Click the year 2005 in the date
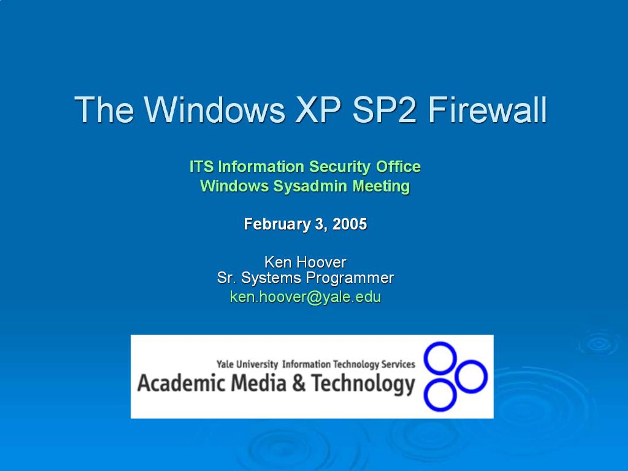pos(350,224)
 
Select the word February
pos(277,224)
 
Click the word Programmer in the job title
pos(350,278)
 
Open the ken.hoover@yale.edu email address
pos(305,297)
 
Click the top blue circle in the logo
pos(440,357)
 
